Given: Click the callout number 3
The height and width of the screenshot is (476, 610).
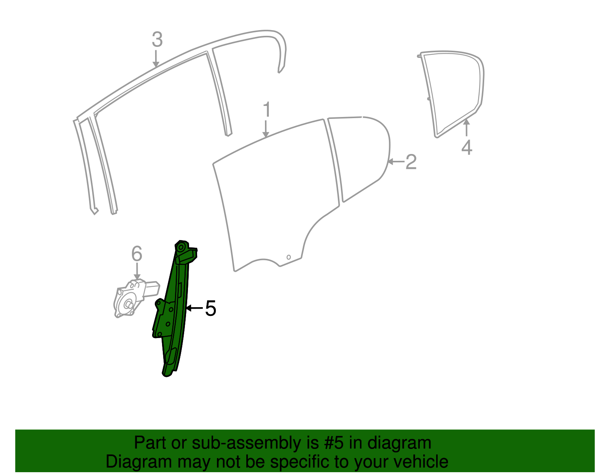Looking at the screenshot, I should point(157,40).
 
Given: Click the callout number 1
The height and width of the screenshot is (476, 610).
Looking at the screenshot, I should point(267,110).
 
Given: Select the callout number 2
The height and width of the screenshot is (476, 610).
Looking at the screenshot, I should point(411,162).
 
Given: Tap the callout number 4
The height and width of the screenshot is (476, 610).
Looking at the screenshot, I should point(467,147).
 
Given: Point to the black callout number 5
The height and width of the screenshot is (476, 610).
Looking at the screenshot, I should point(210,308).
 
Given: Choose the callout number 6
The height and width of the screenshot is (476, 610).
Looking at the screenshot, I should point(136,254).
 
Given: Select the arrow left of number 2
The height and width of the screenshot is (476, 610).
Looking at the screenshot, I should point(396,162).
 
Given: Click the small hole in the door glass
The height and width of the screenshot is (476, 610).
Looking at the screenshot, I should point(289,257).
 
